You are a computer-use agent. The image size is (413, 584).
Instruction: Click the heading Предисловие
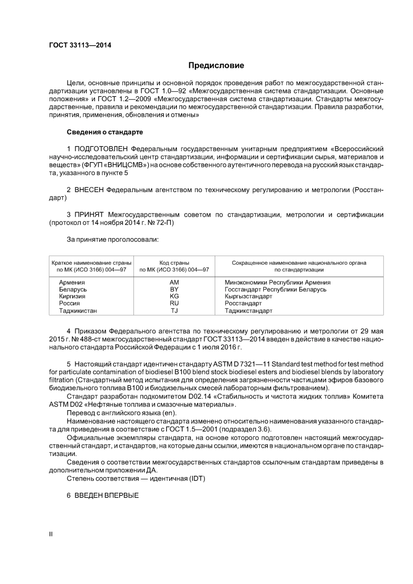(216, 66)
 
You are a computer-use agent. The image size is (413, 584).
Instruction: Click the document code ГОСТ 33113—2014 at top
(80, 45)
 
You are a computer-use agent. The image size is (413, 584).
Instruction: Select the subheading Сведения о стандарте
(105, 132)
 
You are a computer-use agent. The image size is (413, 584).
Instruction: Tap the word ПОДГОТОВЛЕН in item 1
(101, 149)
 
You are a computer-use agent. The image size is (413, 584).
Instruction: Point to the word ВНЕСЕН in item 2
(89, 190)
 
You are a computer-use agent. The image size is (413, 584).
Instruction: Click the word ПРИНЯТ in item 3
(89, 215)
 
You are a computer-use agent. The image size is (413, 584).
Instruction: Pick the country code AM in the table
(174, 282)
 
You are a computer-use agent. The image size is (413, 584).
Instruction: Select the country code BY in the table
(174, 289)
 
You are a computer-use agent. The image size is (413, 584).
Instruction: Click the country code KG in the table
(174, 296)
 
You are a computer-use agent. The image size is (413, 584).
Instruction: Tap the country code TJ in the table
(174, 311)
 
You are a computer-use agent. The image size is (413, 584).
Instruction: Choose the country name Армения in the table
(72, 282)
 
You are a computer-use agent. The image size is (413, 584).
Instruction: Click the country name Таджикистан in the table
(78, 311)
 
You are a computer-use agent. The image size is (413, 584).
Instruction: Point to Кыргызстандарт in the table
(248, 296)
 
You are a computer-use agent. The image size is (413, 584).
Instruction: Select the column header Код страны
(174, 263)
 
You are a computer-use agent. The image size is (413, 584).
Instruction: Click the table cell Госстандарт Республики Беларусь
(275, 289)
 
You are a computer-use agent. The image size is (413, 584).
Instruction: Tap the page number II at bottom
(51, 534)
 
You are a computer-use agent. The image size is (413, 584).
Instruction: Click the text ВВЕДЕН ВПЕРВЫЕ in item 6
(107, 495)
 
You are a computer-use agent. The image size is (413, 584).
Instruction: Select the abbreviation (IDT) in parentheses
(197, 478)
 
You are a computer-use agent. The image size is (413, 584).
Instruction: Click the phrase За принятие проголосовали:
(113, 239)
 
